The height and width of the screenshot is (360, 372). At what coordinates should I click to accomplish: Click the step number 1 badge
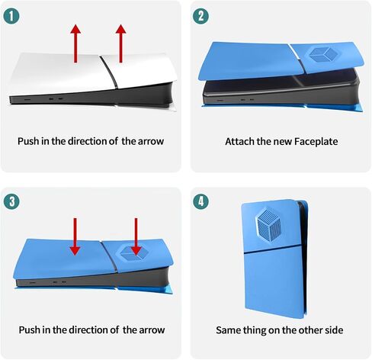coord(11,16)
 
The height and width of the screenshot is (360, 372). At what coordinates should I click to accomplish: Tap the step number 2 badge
coord(200,16)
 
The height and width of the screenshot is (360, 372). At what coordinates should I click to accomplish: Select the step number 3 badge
coord(11,201)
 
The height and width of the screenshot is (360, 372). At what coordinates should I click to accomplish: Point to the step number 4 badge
coord(200,201)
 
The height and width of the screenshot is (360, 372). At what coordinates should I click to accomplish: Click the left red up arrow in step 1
coord(75,43)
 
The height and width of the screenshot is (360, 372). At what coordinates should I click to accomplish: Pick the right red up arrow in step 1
coord(120,43)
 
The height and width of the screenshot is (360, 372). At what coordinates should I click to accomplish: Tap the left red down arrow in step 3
coord(75,236)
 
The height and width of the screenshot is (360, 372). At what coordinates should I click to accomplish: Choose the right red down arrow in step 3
coord(136,236)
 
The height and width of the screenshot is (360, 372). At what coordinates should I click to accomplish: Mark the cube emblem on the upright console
coord(269,222)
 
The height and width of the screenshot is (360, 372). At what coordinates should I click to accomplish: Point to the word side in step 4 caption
coord(335,330)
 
